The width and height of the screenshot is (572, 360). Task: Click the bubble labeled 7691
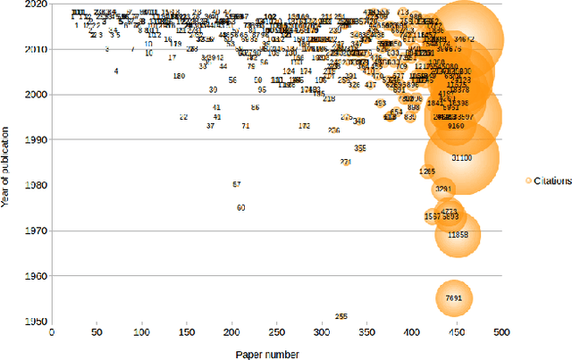tap(453, 297)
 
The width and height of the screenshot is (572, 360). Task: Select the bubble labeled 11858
tap(458, 234)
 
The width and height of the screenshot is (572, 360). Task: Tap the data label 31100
tap(461, 157)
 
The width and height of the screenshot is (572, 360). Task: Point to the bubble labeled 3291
tap(443, 189)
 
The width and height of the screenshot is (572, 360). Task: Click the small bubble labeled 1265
tap(427, 172)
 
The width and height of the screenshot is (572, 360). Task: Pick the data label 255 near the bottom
tap(341, 316)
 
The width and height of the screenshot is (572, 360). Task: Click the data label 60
tap(240, 207)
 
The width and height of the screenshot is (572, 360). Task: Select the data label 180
tap(179, 77)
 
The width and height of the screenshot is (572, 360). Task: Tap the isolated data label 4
tap(116, 71)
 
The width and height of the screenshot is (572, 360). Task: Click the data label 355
tap(359, 148)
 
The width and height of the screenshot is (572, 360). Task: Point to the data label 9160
tap(456, 127)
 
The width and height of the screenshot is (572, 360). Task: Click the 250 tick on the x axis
tap(276, 332)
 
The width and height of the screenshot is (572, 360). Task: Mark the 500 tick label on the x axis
tap(501, 332)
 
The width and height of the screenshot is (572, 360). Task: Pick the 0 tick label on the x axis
tap(51, 332)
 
